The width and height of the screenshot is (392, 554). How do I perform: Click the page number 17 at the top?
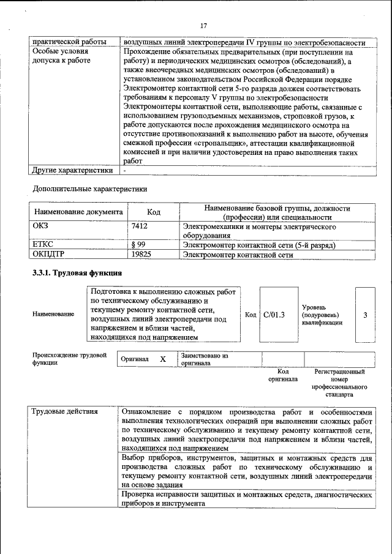[203, 26]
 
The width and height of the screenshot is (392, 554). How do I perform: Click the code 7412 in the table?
[140, 226]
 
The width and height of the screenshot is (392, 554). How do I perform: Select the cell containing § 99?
[138, 245]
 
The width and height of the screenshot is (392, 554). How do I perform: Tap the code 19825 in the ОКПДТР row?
[141, 255]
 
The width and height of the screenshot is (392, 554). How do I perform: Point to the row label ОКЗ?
[40, 226]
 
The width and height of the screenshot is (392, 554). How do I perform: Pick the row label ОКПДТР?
[48, 255]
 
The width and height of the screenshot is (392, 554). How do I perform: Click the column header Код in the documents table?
[154, 212]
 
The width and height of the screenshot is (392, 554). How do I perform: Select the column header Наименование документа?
[78, 212]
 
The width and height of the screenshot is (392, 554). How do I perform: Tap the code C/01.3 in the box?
[274, 315]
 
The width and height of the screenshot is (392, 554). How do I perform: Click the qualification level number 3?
[365, 315]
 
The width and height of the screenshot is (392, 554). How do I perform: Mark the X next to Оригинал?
[163, 359]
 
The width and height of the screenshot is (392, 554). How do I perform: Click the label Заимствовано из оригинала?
[205, 359]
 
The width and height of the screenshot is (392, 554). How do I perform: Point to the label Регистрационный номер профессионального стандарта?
[339, 383]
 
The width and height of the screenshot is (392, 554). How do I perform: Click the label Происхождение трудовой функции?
[69, 359]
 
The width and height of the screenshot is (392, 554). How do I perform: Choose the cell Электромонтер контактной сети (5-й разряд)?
[268, 245]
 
